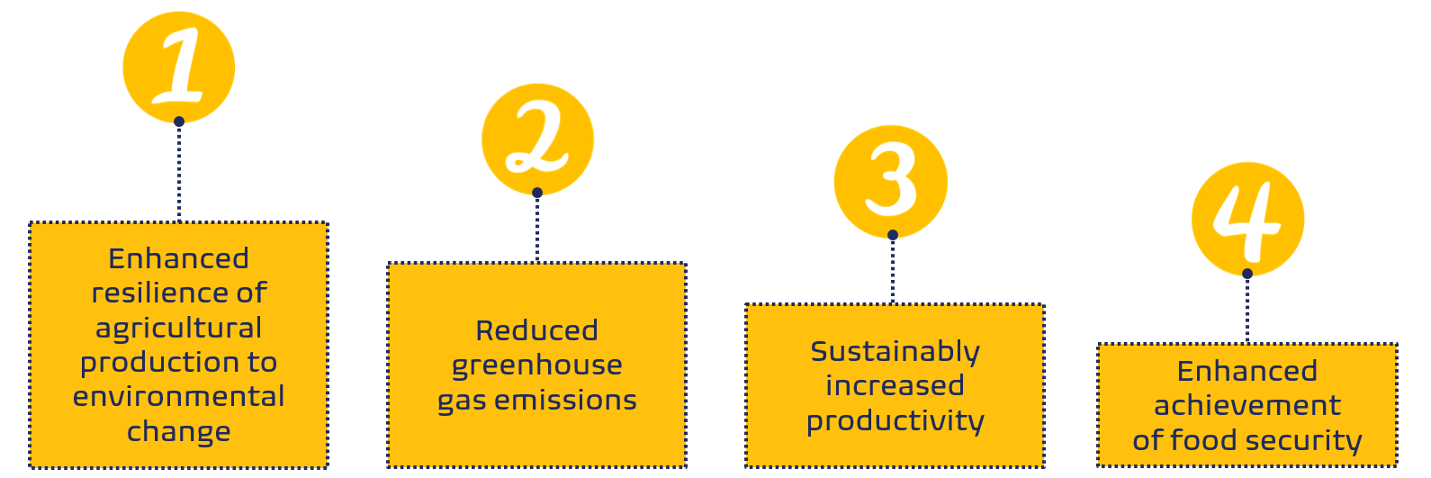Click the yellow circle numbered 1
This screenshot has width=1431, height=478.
pos(179,68)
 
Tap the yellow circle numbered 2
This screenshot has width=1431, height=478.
pos(538,140)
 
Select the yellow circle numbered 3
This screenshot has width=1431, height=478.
pos(890,182)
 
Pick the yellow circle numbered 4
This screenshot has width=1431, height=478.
pos(1247,219)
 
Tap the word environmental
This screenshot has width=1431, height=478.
pos(179,397)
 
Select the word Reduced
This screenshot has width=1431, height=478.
pos(537,330)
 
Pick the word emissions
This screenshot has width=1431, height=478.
pos(565,401)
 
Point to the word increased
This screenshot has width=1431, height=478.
pos(895,386)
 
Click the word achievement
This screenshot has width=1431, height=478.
pos(1247,405)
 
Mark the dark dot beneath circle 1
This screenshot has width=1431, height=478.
pos(179,122)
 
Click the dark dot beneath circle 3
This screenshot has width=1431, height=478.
pos(893,235)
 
